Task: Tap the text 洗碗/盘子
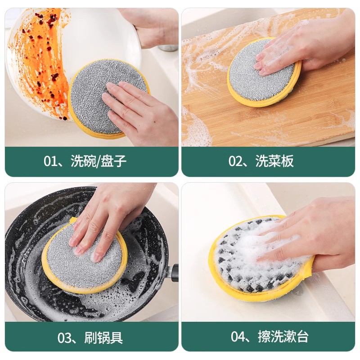(x=98, y=162)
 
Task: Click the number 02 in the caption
(x=236, y=162)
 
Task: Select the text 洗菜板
(x=274, y=162)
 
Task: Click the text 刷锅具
(x=103, y=337)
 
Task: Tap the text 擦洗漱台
(x=283, y=337)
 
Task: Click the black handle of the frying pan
(x=173, y=273)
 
